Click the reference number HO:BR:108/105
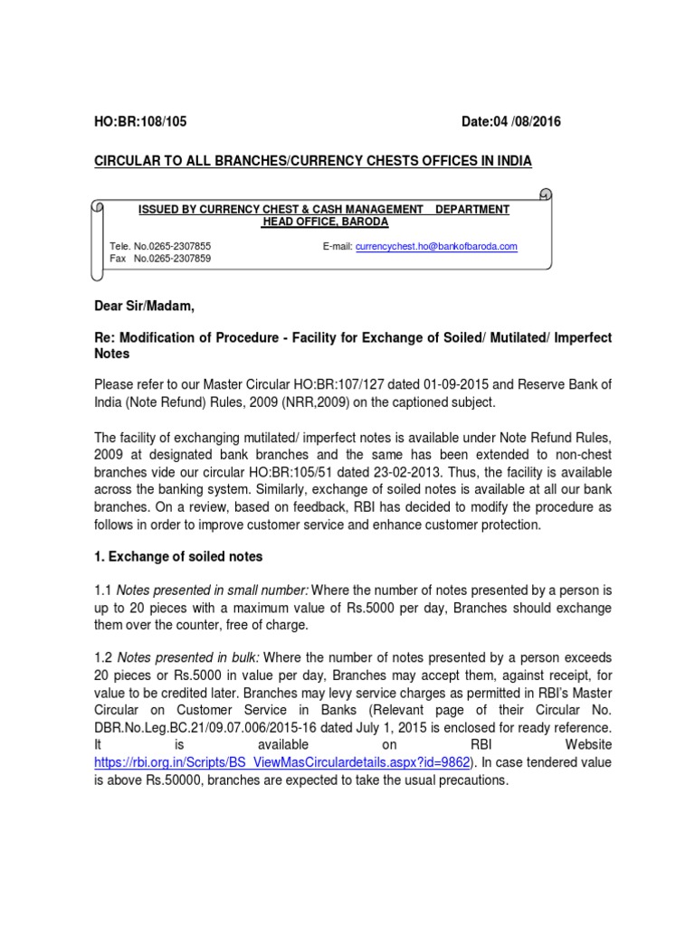click(x=141, y=122)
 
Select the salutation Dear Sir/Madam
click(x=144, y=307)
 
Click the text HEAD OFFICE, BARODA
click(x=323, y=222)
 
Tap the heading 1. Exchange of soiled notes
click(x=178, y=555)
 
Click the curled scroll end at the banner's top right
click(x=544, y=194)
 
